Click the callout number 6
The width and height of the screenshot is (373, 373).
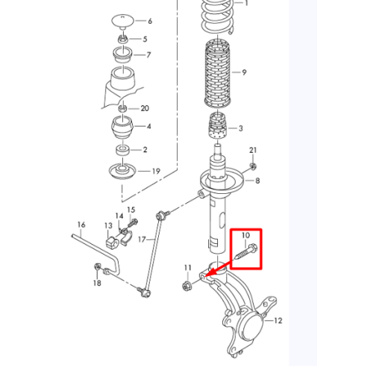point(150,21)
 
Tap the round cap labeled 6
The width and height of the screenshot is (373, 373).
point(122,22)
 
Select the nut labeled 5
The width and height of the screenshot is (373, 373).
point(123,39)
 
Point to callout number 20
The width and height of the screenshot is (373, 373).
point(145,108)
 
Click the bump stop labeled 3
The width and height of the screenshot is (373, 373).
point(218,126)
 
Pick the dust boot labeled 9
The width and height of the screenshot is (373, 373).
point(218,73)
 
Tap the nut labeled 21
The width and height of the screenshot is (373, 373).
point(253,166)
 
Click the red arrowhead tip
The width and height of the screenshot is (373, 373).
point(206,275)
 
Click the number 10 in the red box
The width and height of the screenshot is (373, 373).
point(245,235)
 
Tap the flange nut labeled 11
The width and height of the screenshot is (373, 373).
point(186,286)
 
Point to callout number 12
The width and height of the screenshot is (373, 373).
point(278,321)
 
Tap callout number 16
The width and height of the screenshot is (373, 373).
point(81,225)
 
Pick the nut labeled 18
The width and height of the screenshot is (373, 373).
point(97,267)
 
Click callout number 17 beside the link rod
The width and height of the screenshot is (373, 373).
point(142,239)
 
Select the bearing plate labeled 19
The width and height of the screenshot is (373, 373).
point(122,171)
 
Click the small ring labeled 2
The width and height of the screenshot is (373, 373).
point(123,150)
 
